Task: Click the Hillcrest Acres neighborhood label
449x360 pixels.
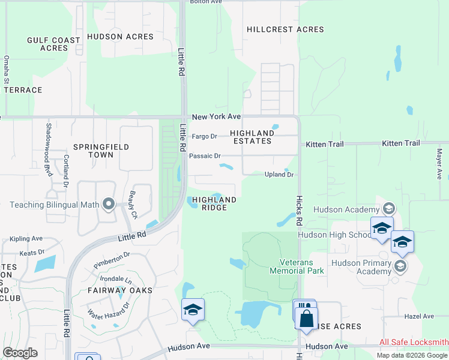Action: pyautogui.click(x=285, y=29)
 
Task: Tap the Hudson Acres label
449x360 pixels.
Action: pyautogui.click(x=120, y=37)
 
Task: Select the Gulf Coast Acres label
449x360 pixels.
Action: pyautogui.click(x=53, y=44)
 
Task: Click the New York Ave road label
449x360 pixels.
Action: pyautogui.click(x=216, y=116)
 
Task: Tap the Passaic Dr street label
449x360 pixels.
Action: pyautogui.click(x=205, y=156)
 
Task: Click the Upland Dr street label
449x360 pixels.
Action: pyautogui.click(x=279, y=175)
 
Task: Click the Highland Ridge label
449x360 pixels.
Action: pyautogui.click(x=214, y=203)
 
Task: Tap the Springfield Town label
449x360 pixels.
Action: pyautogui.click(x=93, y=150)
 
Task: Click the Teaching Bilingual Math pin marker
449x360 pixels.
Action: pyautogui.click(x=109, y=205)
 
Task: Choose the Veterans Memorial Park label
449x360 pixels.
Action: pyautogui.click(x=301, y=266)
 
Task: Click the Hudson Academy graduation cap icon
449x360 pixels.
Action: pyautogui.click(x=388, y=209)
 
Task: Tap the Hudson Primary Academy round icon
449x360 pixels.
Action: pyautogui.click(x=400, y=266)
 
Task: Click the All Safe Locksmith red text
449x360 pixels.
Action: pyautogui.click(x=414, y=343)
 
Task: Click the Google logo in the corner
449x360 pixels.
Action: pyautogui.click(x=20, y=352)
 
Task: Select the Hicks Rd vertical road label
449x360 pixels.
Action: pyautogui.click(x=298, y=210)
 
